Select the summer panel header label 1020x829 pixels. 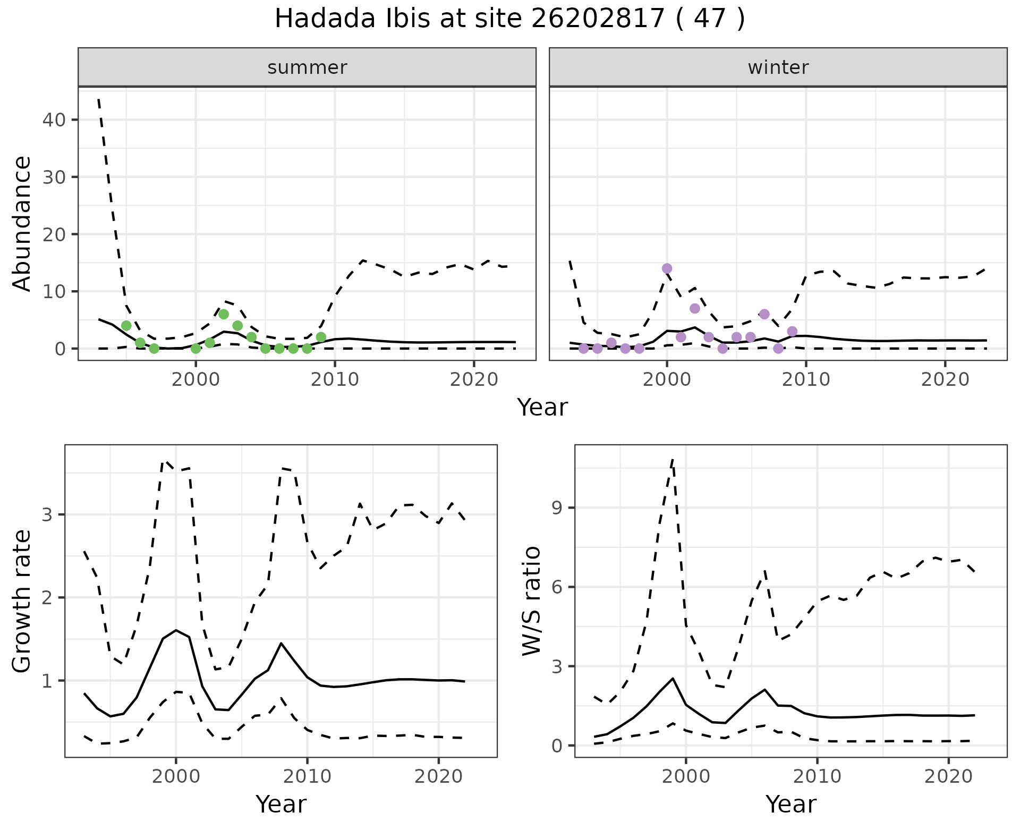[x=307, y=67]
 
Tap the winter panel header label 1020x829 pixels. [x=778, y=67]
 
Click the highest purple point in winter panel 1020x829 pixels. [x=667, y=268]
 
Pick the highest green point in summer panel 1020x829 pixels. [x=224, y=314]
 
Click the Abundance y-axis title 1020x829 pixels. [x=22, y=223]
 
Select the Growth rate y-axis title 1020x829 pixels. [x=22, y=601]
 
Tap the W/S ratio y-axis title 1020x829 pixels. [x=532, y=601]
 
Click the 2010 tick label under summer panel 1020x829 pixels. [x=335, y=379]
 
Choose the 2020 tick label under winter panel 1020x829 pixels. [x=945, y=379]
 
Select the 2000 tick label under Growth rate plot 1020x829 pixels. [x=176, y=776]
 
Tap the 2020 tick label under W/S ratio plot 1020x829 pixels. [x=948, y=776]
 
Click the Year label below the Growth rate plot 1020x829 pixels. [x=281, y=804]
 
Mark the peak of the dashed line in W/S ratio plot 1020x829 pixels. [x=673, y=458]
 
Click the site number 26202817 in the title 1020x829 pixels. [x=598, y=20]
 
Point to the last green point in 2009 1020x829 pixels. [x=321, y=337]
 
